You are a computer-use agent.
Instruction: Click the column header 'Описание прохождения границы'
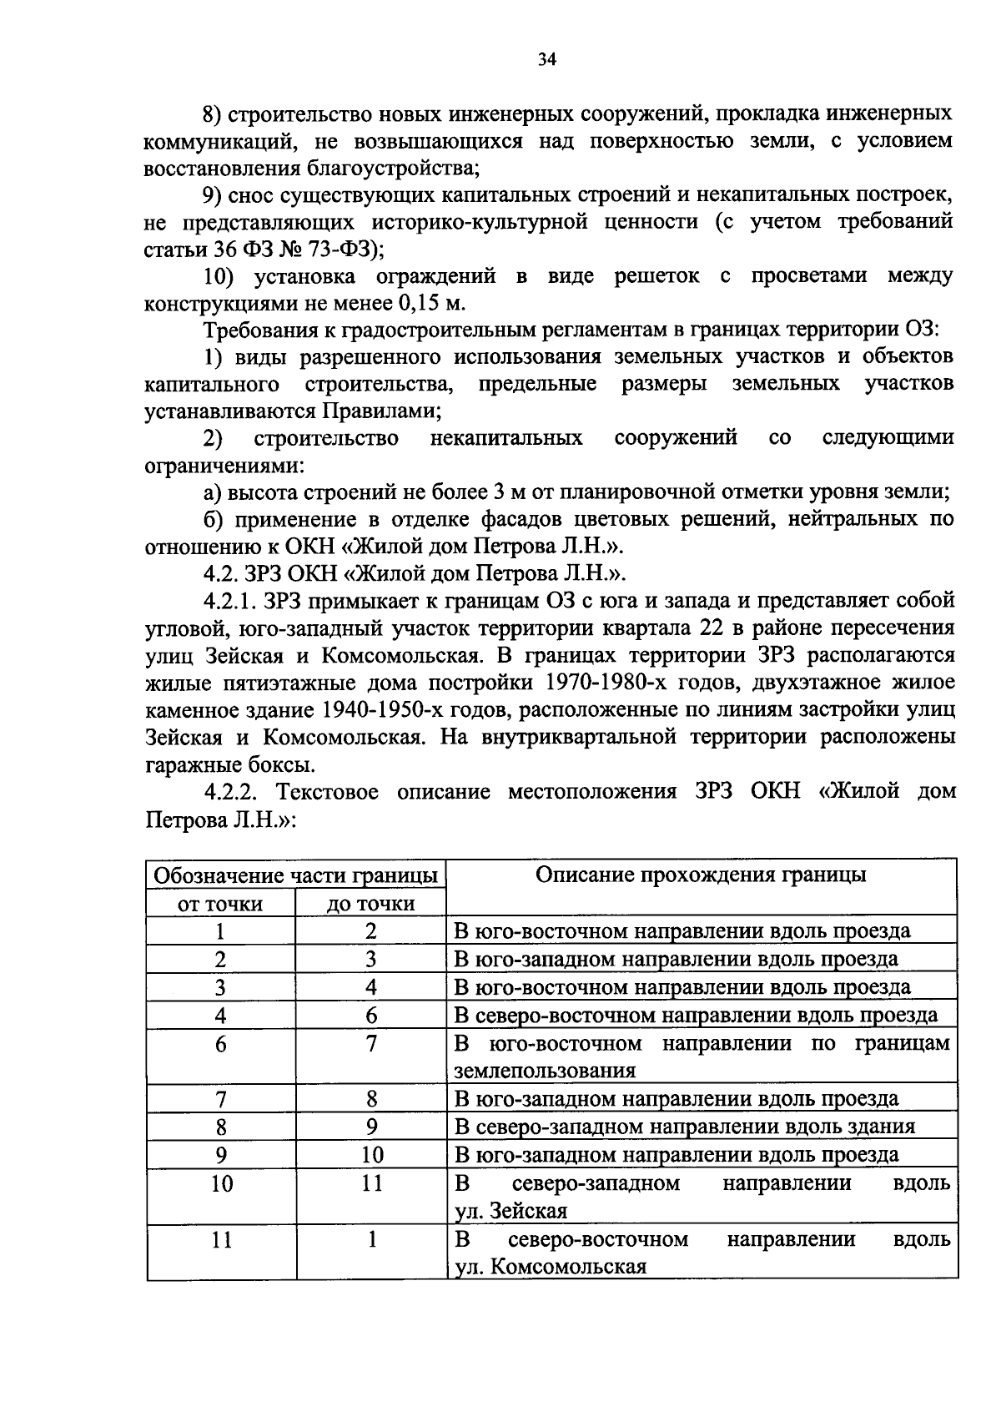(700, 875)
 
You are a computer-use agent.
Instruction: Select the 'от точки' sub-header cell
(220, 904)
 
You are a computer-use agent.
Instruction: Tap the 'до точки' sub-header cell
(370, 904)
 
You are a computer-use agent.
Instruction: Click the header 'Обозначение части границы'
(296, 875)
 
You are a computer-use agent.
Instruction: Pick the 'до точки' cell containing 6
(371, 1016)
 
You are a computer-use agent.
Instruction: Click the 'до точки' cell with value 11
(371, 1183)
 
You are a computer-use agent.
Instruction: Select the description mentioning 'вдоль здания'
(684, 1127)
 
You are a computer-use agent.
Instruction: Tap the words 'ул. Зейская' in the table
(511, 1211)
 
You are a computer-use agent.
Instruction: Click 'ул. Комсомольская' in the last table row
(551, 1267)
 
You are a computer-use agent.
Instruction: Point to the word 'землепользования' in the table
(545, 1071)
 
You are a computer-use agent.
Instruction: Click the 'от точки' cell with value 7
(220, 1099)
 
